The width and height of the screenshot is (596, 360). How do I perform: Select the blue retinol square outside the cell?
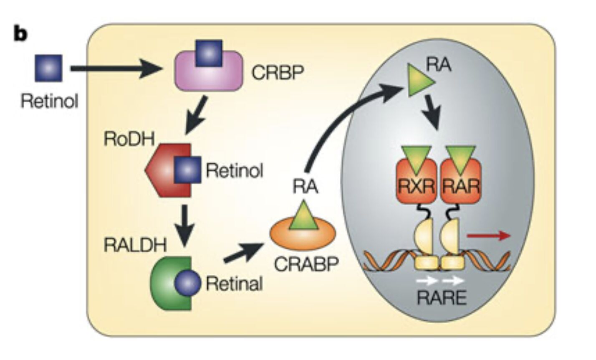click(x=49, y=68)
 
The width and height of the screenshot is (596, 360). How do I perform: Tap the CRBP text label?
click(x=278, y=73)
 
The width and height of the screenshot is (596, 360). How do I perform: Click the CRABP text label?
click(x=306, y=264)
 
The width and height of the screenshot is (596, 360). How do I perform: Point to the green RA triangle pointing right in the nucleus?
click(x=419, y=80)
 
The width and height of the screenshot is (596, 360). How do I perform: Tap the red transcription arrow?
click(x=488, y=236)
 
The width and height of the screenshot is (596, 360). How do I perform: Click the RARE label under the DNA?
click(x=441, y=297)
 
